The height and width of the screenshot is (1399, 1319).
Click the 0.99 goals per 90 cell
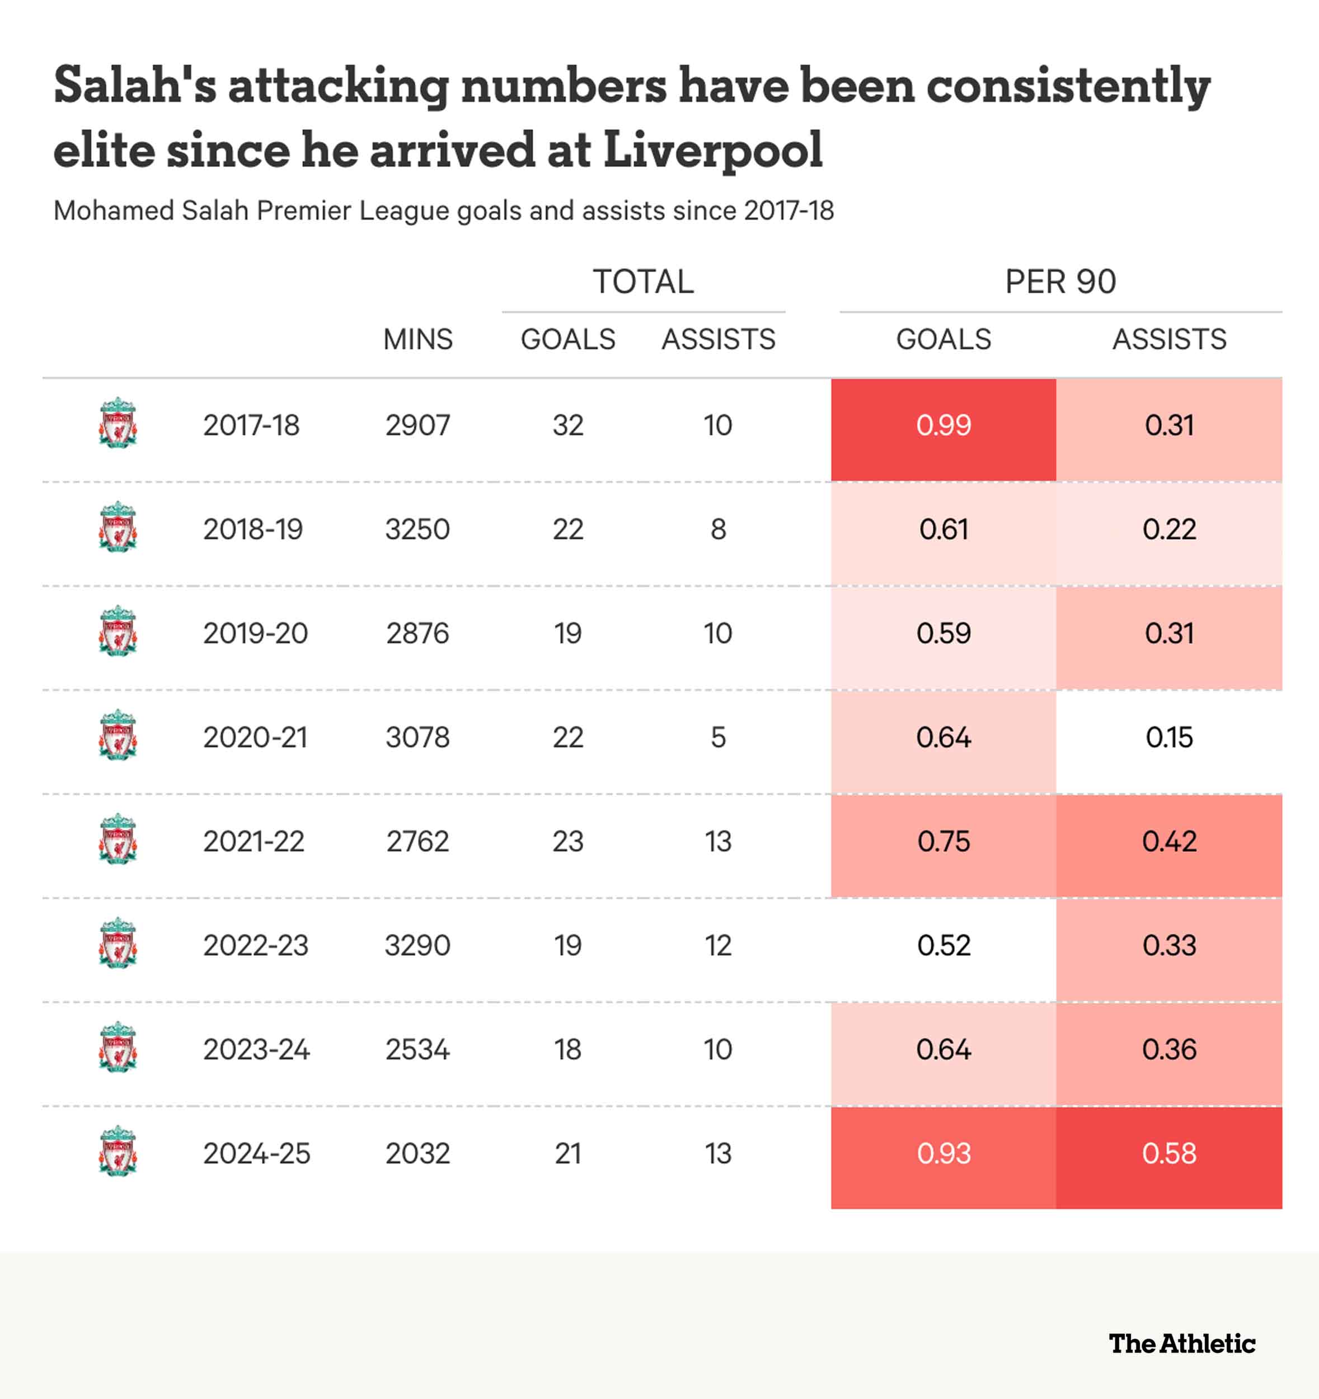tap(943, 426)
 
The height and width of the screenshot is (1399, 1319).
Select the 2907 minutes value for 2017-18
tap(417, 426)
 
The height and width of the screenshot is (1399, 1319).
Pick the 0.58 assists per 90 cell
tap(1168, 1153)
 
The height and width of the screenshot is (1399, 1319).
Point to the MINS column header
tap(417, 339)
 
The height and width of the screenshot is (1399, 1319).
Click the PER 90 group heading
tap(1060, 281)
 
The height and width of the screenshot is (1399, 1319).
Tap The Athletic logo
tap(1182, 1344)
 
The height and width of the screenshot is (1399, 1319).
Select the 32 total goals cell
tap(568, 426)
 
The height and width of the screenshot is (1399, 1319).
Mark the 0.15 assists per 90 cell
tap(1168, 738)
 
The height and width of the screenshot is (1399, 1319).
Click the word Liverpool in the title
tap(712, 150)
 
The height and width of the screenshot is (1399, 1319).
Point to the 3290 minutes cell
tap(417, 945)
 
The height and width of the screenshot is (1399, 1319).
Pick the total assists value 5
tap(718, 738)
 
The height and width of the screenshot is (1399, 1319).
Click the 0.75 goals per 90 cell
tap(943, 842)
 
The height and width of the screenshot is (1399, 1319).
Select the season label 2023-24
tap(256, 1049)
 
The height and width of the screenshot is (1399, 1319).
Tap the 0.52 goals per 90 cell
tap(943, 945)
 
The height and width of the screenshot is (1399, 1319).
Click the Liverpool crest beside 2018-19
tap(118, 527)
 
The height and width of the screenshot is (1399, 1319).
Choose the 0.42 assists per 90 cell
tap(1168, 842)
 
